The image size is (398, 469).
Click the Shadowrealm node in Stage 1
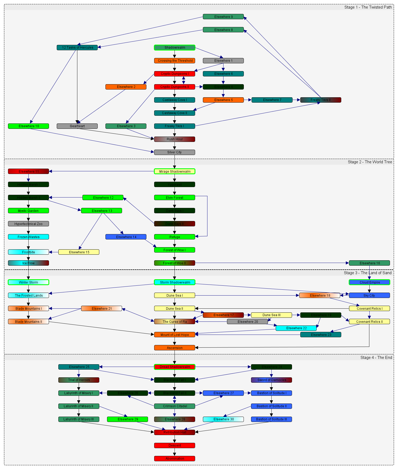point(175,48)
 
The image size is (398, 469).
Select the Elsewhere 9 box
point(223,17)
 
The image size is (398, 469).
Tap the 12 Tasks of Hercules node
point(77,48)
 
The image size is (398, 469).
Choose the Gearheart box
point(77,126)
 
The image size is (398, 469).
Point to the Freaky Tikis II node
point(320,100)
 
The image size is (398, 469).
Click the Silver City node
point(175,152)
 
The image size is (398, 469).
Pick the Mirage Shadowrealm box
point(175,172)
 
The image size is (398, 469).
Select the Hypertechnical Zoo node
point(28,224)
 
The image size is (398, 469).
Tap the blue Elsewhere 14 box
point(126,237)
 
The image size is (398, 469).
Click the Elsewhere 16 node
point(369,263)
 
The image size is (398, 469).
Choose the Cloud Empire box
point(369,282)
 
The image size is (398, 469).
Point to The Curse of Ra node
point(175,322)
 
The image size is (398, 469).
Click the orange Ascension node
point(175,348)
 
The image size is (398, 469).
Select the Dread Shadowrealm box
point(175,367)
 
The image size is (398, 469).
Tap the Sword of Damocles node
point(271,380)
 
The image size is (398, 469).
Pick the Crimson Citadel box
point(175,406)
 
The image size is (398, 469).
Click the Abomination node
point(175,459)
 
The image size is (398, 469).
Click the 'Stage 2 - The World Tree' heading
point(370,162)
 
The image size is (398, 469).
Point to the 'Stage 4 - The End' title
point(376,358)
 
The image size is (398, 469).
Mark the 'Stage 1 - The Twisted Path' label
point(368,7)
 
